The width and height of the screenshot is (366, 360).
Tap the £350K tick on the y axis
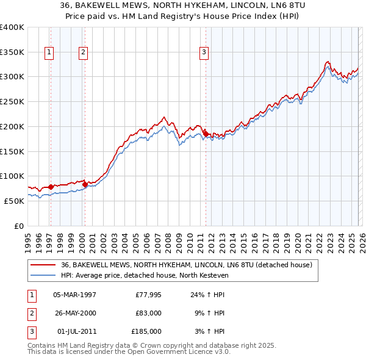pos(12,52)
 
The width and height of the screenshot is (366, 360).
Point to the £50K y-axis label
pos(14,201)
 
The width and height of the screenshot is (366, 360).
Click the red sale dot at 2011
pos(206,133)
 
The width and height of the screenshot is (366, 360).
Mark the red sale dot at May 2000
pos(85,184)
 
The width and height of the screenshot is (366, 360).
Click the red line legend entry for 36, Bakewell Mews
pos(187,265)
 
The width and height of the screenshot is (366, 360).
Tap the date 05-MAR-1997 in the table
pos(74,295)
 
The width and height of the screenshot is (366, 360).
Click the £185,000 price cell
pos(146,331)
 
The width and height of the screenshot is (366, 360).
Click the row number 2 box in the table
pos(30,313)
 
